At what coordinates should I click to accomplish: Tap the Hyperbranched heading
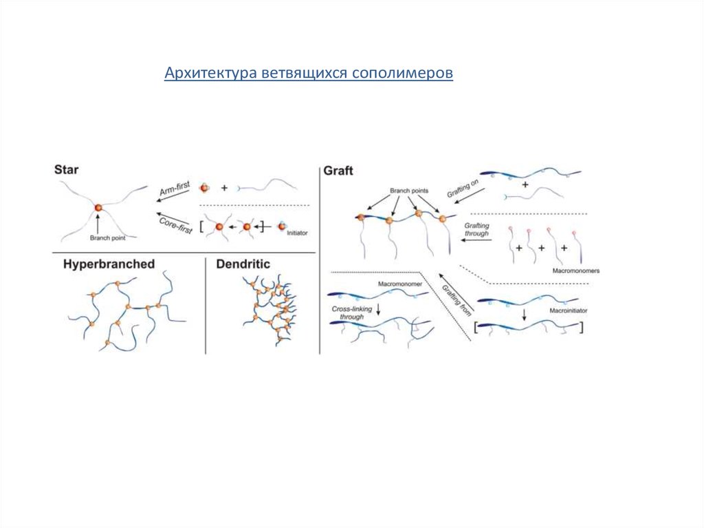tap(108, 264)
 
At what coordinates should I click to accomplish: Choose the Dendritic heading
tap(243, 264)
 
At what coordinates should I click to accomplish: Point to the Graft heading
tap(338, 169)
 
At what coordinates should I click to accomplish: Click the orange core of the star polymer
tap(98, 207)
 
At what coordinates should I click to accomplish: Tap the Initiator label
tap(298, 233)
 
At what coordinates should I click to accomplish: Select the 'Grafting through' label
tap(476, 229)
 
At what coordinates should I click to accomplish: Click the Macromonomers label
tap(575, 271)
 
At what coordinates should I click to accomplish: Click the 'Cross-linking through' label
tap(351, 313)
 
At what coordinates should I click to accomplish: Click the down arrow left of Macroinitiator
tap(525, 314)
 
